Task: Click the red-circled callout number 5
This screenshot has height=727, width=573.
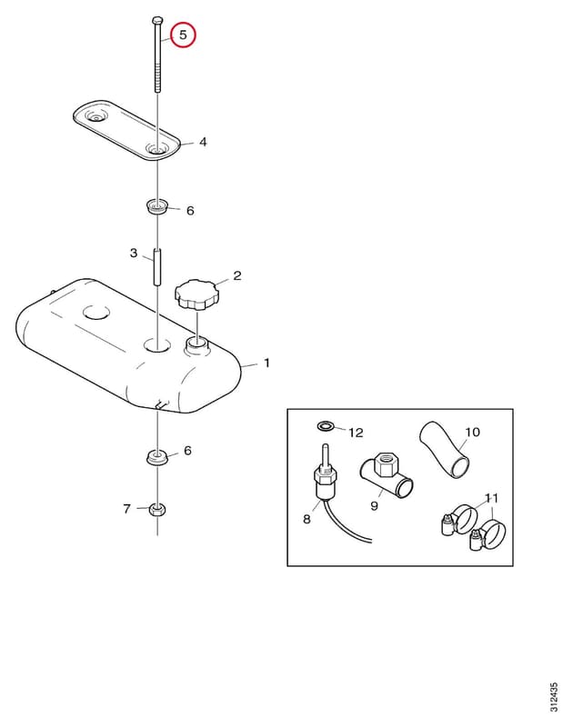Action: (183, 35)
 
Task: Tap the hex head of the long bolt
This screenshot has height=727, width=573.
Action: (157, 21)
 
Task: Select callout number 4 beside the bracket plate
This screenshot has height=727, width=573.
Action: (203, 142)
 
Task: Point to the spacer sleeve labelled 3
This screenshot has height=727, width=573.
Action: (157, 267)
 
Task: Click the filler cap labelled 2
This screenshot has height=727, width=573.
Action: (196, 294)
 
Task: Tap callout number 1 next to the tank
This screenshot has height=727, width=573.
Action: (266, 363)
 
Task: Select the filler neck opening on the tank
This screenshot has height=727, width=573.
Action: (196, 345)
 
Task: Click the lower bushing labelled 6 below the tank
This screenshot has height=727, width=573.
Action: (157, 457)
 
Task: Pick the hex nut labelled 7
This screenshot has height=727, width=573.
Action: (157, 510)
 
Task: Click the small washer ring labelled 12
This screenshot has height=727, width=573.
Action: (325, 424)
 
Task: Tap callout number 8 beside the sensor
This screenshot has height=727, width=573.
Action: (307, 519)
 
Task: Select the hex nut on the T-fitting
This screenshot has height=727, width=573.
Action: (385, 465)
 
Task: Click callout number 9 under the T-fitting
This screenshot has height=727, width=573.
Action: (374, 506)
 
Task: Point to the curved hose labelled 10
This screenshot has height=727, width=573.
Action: (445, 449)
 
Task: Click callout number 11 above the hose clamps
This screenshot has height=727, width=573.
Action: (491, 498)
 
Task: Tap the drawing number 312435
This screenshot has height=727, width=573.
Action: (554, 697)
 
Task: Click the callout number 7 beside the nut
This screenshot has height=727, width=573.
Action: (126, 509)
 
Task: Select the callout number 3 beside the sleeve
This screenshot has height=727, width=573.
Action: (134, 253)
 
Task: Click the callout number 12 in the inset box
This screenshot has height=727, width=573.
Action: (356, 433)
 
